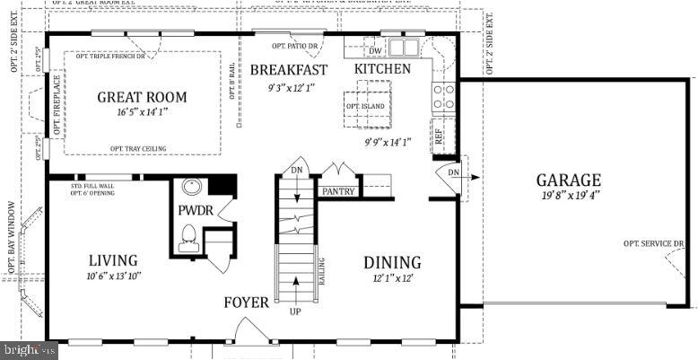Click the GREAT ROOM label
tap(142, 97)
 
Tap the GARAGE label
tap(568, 180)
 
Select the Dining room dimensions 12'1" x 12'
tap(392, 278)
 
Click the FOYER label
tap(246, 303)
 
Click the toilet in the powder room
tap(189, 237)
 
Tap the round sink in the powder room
tap(191, 189)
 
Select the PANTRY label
tap(338, 191)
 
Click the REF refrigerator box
tap(440, 136)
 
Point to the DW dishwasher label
tap(375, 50)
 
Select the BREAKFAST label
tap(288, 69)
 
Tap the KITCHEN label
tap(382, 69)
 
